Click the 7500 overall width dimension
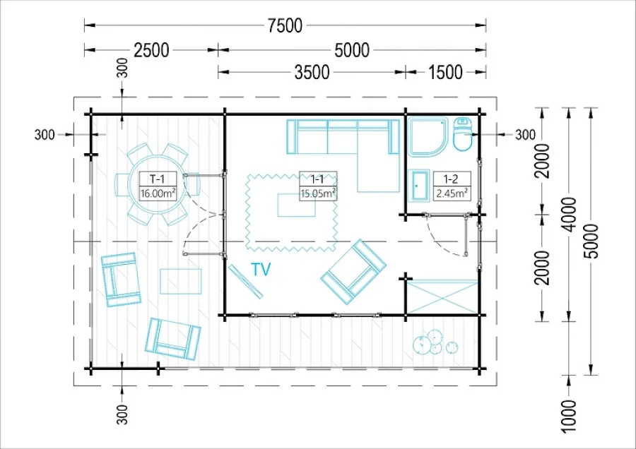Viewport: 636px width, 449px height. pos(285,25)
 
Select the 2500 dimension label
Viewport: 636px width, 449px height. pos(151,50)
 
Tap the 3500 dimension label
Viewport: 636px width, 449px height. pos(312,73)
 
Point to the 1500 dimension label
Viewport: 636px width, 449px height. pos(445,73)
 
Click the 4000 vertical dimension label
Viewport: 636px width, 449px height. pos(570,215)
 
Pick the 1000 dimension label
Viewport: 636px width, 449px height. pos(570,417)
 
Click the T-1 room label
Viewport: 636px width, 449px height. pos(158,179)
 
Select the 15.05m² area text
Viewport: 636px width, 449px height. pos(318,193)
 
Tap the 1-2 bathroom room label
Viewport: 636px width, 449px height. pos(451,179)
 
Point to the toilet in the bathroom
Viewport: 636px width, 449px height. pos(462,134)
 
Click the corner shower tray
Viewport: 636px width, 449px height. pos(428,136)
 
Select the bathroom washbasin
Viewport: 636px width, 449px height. pos(420,186)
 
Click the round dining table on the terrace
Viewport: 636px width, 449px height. pos(157,184)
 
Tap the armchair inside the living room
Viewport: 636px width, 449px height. pos(353,272)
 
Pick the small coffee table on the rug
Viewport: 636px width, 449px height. pos(297,205)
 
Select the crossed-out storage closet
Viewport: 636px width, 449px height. pos(442,297)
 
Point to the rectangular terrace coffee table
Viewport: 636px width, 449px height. pos(180,281)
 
